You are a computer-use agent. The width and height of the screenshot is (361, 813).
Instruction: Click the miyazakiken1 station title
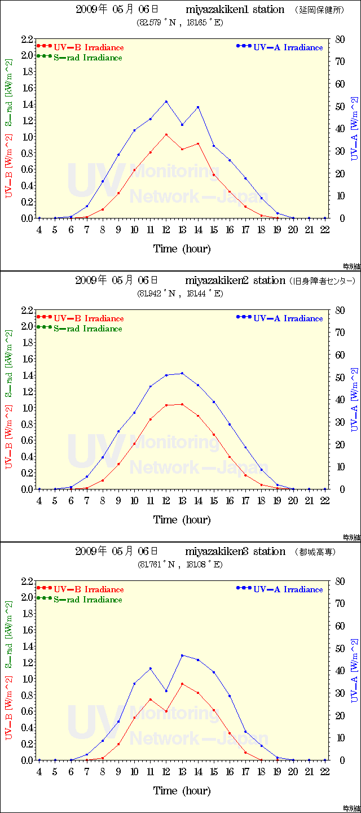pos(235,10)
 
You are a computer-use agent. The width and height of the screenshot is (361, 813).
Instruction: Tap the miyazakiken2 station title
pos(235,281)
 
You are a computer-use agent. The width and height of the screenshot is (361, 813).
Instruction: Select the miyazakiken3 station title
pos(235,552)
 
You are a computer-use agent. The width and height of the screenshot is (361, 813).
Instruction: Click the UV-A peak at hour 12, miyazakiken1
pos(166,102)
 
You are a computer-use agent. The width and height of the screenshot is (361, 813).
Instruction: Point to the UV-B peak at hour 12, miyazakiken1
pos(166,134)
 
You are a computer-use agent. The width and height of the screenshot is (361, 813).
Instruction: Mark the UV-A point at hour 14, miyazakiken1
pos(198,107)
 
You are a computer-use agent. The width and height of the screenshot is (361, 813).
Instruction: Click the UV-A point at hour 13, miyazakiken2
pos(182,373)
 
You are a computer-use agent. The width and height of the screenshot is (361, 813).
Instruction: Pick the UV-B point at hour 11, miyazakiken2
pos(150,419)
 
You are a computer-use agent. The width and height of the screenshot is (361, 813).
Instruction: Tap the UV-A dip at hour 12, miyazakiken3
pos(166,691)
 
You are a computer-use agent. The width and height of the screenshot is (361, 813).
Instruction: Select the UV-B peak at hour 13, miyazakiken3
pos(182,684)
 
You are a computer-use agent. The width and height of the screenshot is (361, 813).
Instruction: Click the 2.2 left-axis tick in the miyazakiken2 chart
pos(27,311)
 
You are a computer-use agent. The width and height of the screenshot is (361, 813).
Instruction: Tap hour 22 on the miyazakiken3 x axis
pos(325,772)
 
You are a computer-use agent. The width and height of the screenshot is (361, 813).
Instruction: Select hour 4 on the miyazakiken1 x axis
pos(39,230)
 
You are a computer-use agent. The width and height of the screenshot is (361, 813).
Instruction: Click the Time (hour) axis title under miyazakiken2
pos(182,519)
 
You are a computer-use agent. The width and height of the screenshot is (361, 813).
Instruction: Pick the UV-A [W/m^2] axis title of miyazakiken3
pos(354,671)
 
